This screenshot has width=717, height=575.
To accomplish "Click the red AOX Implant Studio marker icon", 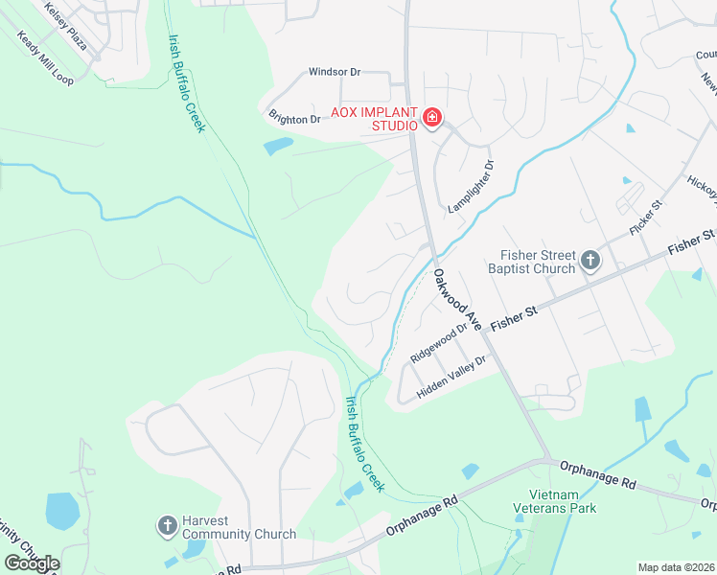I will tap(431, 119).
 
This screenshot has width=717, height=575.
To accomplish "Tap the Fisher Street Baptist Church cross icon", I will tap(590, 260).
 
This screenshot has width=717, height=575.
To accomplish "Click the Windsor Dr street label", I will tap(334, 72).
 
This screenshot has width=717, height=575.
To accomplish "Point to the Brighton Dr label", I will tap(294, 119).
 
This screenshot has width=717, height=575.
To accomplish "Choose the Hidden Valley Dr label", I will tap(452, 378).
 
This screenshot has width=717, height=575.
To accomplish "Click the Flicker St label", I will tap(646, 218).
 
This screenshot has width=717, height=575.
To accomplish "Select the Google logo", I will tap(32, 563).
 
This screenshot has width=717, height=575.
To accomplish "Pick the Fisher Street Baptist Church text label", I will tap(538, 262).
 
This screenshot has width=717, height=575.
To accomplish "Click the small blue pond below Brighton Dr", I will tap(278, 146).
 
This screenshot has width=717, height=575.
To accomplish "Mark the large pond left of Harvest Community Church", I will tap(62, 511).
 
